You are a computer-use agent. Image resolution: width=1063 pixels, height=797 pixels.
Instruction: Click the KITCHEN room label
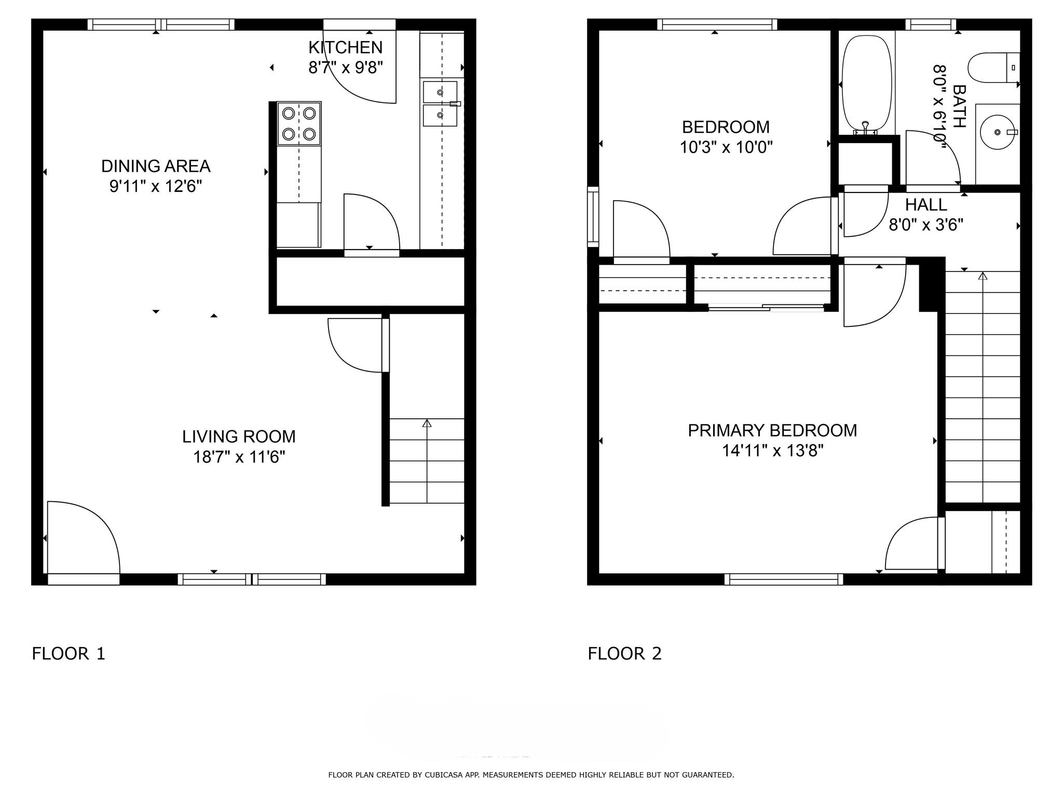pyautogui.click(x=345, y=47)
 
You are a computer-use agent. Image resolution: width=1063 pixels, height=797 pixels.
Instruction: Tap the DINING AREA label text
pyautogui.click(x=156, y=166)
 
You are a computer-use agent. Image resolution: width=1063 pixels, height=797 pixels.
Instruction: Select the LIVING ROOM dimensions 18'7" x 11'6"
pyautogui.click(x=239, y=457)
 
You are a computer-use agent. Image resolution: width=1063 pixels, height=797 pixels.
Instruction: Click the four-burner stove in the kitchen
pyautogui.click(x=299, y=123)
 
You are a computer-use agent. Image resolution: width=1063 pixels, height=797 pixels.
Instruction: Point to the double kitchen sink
pyautogui.click(x=440, y=104)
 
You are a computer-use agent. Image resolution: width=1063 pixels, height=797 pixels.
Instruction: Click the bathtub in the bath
pyautogui.click(x=866, y=83)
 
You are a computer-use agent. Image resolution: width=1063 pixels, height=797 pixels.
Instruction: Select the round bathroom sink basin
pyautogui.click(x=997, y=132)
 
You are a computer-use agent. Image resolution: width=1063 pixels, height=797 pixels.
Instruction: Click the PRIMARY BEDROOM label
pyautogui.click(x=772, y=430)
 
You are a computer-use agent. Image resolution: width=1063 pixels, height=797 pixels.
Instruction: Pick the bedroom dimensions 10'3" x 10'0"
pyautogui.click(x=726, y=147)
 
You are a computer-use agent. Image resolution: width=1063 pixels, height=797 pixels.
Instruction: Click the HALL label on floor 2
pyautogui.click(x=926, y=205)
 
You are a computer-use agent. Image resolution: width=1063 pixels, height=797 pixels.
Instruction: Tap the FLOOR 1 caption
pyautogui.click(x=69, y=653)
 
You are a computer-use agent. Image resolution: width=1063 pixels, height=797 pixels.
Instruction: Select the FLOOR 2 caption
pyautogui.click(x=624, y=653)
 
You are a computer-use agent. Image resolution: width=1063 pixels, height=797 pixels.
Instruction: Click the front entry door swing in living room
pyautogui.click(x=83, y=540)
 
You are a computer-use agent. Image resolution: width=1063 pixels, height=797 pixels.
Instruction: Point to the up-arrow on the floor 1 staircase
pyautogui.click(x=427, y=424)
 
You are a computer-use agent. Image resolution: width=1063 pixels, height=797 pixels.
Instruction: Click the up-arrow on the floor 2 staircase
pyautogui.click(x=983, y=276)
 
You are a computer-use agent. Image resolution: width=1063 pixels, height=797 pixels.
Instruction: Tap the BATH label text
pyautogui.click(x=959, y=106)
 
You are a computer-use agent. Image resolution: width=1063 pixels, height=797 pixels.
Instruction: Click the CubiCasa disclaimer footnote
pyautogui.click(x=531, y=775)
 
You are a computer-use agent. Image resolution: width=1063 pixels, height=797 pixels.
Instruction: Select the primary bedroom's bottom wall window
pyautogui.click(x=784, y=579)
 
